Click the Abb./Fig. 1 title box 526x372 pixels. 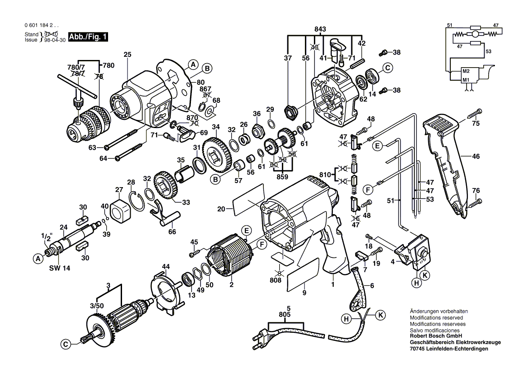click(x=88, y=37)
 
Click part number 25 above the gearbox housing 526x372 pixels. click(x=127, y=55)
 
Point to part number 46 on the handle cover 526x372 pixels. click(x=476, y=156)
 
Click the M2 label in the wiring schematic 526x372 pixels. click(x=465, y=72)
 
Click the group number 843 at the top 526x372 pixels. click(x=320, y=29)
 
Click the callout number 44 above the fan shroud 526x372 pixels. click(x=166, y=267)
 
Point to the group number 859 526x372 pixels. click(x=283, y=177)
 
